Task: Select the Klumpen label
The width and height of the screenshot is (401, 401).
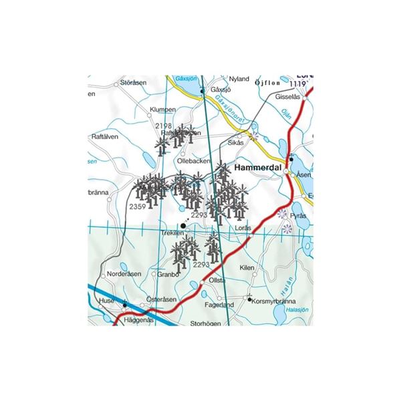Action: coord(163,109)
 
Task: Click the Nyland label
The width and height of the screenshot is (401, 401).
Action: coord(239,79)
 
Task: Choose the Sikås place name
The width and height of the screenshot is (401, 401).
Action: coord(236,142)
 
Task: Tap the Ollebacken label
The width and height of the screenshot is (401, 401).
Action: coord(194,161)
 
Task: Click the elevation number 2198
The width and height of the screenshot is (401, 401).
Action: coord(163,126)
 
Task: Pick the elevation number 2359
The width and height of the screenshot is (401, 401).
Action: coord(137,207)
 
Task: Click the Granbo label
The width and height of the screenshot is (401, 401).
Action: coord(169,273)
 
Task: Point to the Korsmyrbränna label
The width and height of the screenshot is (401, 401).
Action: coord(277,301)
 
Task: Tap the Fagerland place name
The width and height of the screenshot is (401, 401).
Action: coord(219,305)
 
